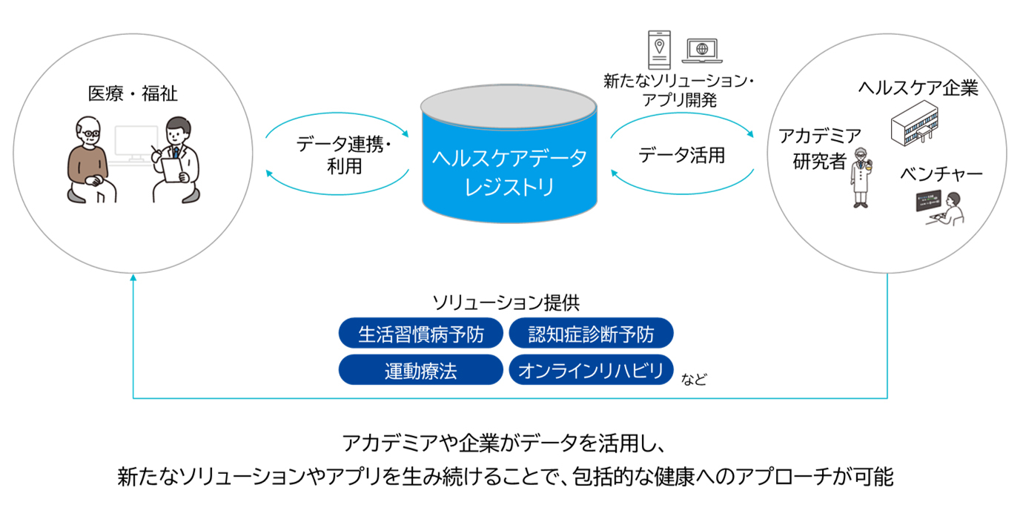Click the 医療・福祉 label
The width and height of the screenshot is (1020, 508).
click(133, 94)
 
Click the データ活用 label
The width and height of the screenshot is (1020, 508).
click(681, 156)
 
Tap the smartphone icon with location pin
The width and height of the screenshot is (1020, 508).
click(658, 49)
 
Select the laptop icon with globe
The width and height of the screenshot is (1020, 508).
click(701, 50)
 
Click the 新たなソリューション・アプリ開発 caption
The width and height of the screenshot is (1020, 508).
click(678, 90)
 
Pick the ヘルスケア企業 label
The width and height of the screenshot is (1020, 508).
click(918, 88)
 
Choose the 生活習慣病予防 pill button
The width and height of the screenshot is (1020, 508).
click(421, 334)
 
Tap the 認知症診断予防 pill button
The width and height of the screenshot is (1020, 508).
click(591, 334)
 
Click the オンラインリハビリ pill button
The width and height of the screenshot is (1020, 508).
click(591, 370)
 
